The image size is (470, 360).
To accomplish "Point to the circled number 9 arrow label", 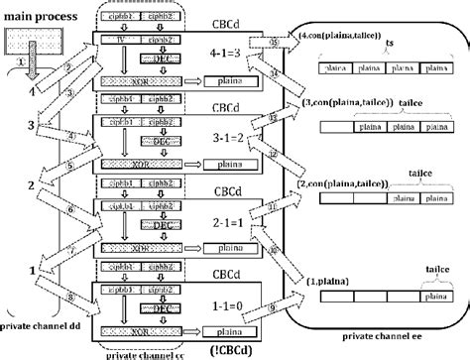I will pos(272,308).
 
